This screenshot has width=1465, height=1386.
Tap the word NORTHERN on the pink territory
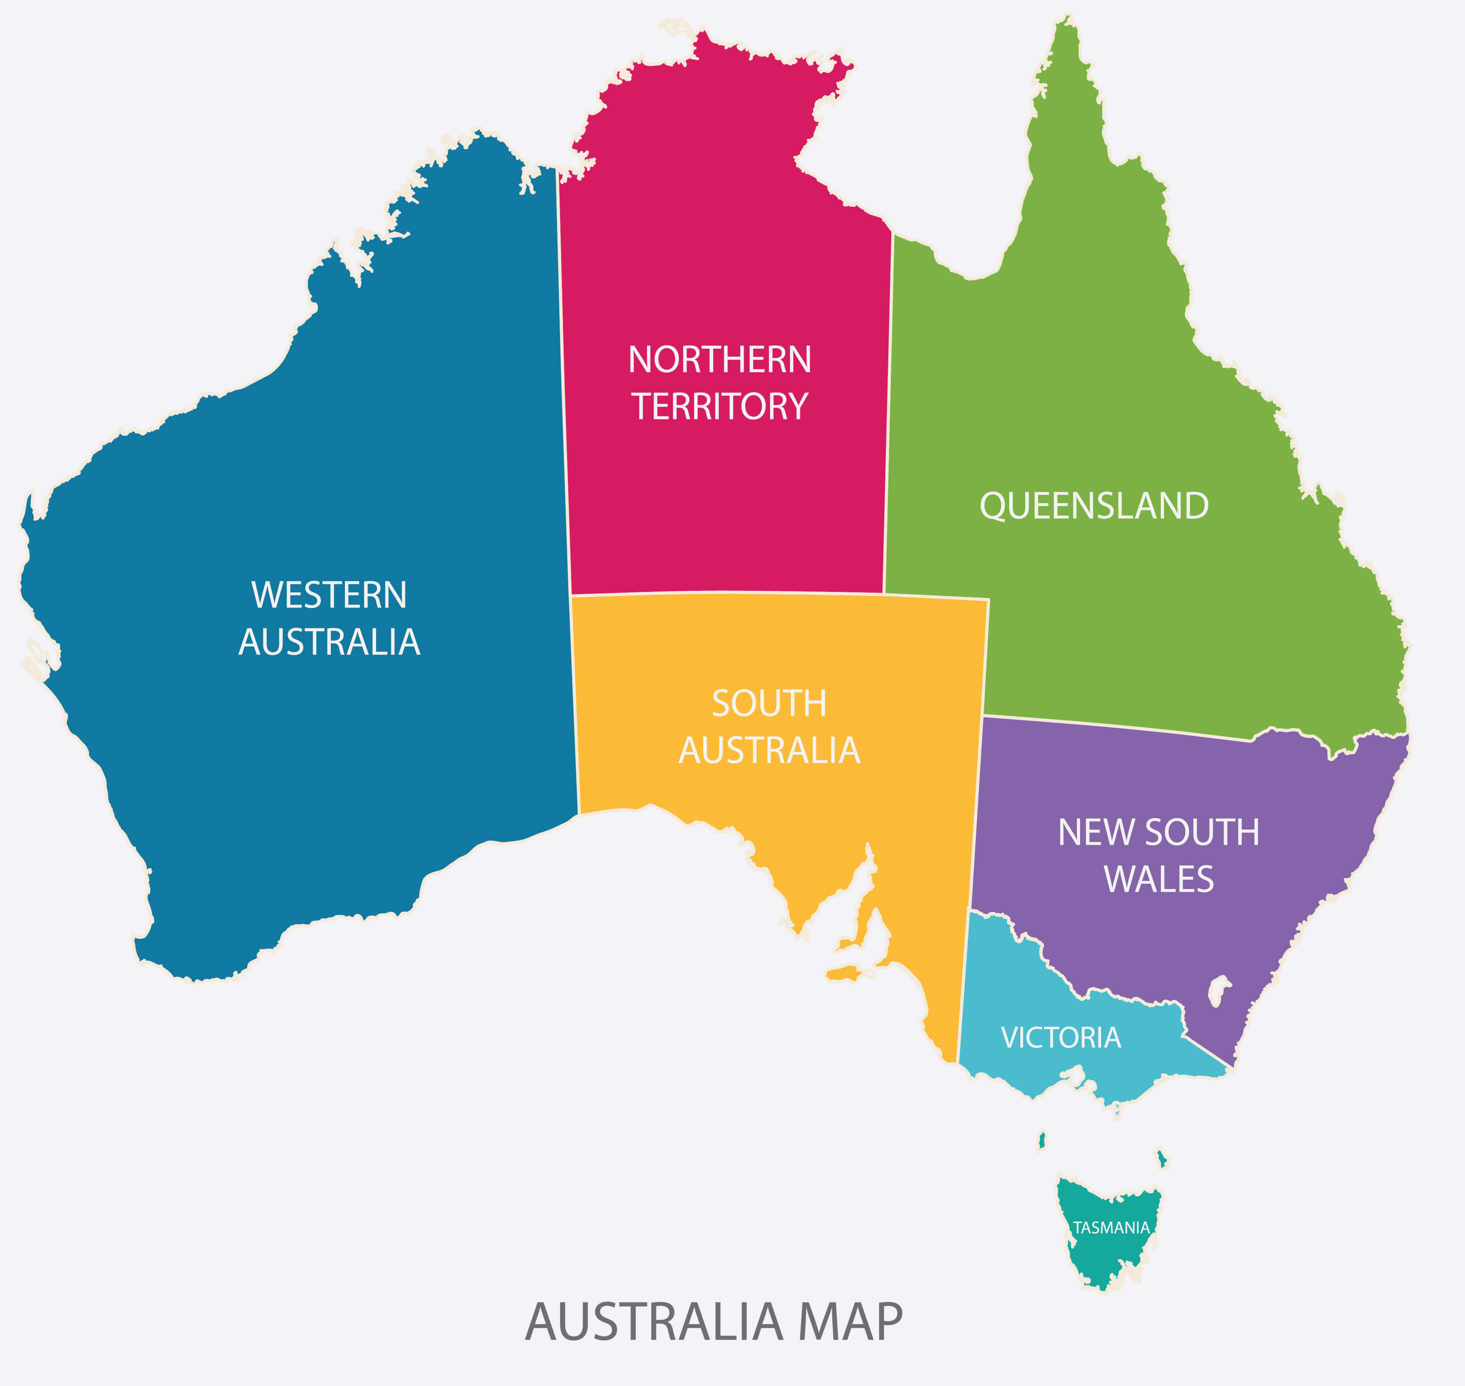coord(720,360)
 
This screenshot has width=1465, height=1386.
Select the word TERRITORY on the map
coord(720,406)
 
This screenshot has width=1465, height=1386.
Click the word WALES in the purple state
coord(1158,879)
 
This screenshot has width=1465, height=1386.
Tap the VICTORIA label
coord(1061,1038)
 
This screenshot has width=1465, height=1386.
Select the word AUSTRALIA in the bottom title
coord(654,1323)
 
